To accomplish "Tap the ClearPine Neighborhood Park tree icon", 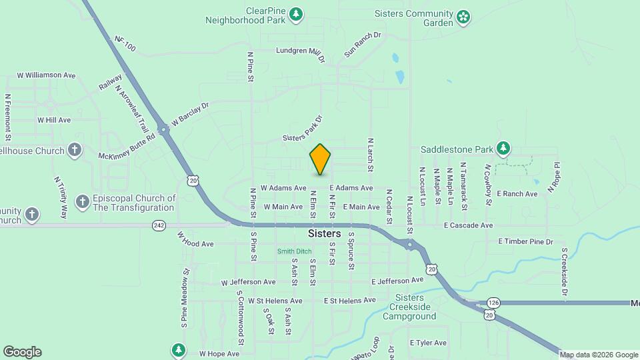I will point(297,14).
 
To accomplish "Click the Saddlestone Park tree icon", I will point(505,147).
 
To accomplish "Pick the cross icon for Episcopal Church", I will point(82,201).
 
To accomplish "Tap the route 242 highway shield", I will point(159,225).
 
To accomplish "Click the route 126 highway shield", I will point(493,302).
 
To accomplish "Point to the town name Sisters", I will point(325,234).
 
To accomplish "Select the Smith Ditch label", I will point(295,251).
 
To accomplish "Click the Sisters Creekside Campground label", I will point(409,307).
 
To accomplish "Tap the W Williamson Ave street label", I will point(46,75).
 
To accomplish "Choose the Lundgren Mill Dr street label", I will point(300,52).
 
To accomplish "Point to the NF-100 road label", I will point(125,44).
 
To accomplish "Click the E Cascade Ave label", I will point(468,225).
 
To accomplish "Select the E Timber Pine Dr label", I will point(525,241).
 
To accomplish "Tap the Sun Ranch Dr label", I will point(362,44).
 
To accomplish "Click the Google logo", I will point(22,352).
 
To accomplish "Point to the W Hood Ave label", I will point(195,239).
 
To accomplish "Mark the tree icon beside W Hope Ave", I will point(178,349).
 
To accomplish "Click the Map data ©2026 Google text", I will point(599,355).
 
